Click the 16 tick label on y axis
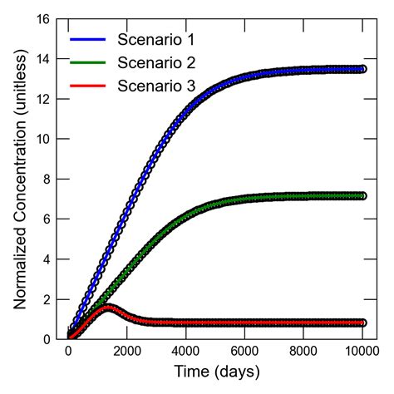pyautogui.click(x=43, y=19)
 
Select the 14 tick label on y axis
pyautogui.click(x=43, y=59)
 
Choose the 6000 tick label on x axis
pyautogui.click(x=244, y=351)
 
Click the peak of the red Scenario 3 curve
pyautogui.click(x=108, y=308)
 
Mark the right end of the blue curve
pyautogui.click(x=362, y=69)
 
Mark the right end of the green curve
pyautogui.click(x=362, y=196)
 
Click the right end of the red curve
pyautogui.click(x=362, y=323)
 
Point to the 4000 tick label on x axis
pyautogui.click(x=186, y=351)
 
